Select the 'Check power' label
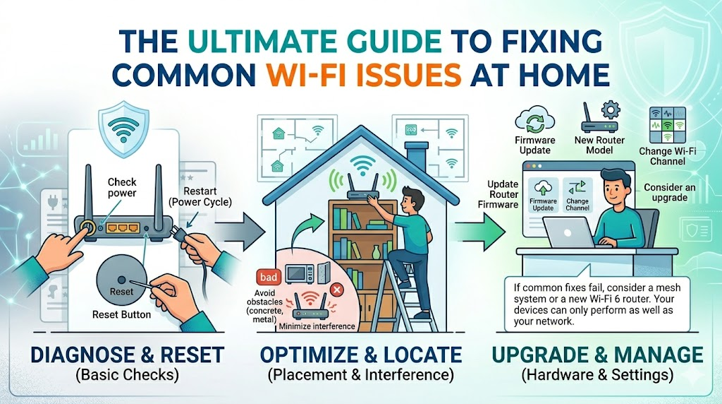click(122, 187)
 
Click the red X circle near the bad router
click(336, 289)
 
